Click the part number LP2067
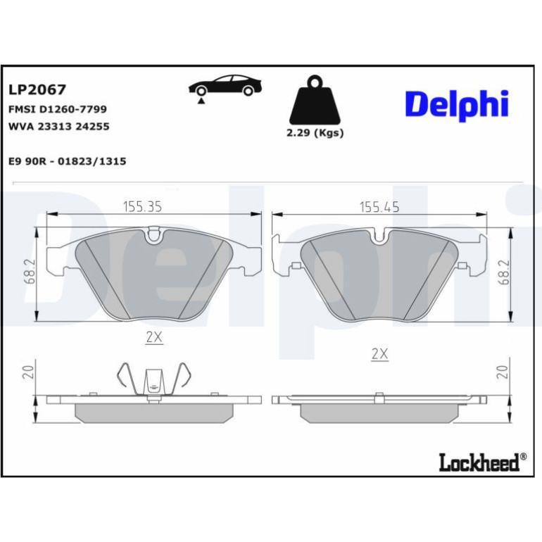(x=37, y=90)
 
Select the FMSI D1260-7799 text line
(x=58, y=109)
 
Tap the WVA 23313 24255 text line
(x=58, y=127)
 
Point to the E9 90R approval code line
(x=68, y=161)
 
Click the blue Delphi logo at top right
(x=457, y=105)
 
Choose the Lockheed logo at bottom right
(x=483, y=462)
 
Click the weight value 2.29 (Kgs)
(x=315, y=133)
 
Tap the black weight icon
(x=315, y=100)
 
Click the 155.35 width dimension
(x=142, y=207)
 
